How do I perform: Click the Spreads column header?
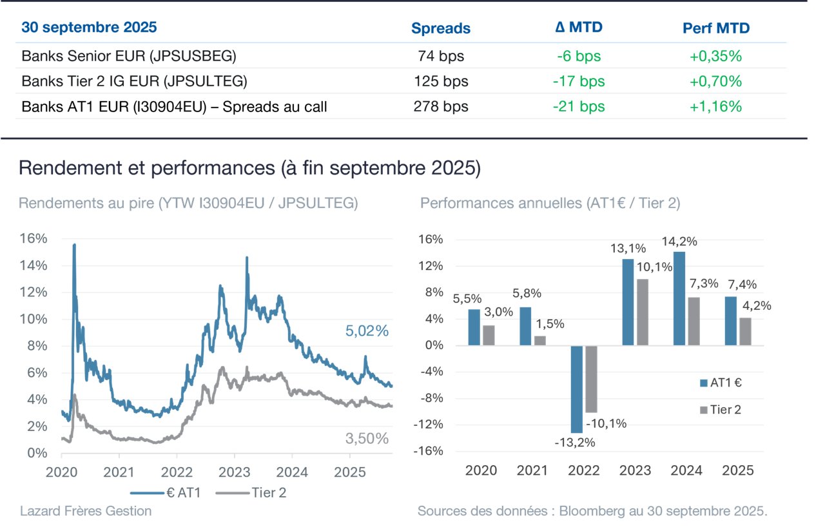click(440, 28)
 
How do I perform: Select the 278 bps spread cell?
click(441, 106)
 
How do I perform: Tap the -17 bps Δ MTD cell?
click(579, 81)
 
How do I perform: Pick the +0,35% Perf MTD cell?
click(715, 56)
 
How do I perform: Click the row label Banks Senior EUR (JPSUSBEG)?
click(129, 56)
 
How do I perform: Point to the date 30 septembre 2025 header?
click(89, 27)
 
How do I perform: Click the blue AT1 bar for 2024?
click(679, 298)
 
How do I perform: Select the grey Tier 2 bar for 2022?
click(591, 379)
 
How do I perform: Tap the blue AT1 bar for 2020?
click(474, 327)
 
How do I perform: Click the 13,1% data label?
click(628, 249)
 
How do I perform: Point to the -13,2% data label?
click(574, 443)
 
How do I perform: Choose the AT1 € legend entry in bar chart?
click(721, 383)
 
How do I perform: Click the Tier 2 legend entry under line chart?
click(251, 493)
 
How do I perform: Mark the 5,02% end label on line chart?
click(367, 331)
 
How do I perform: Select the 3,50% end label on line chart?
click(367, 439)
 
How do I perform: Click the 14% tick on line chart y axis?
click(34, 265)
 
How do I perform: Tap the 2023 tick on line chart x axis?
click(234, 472)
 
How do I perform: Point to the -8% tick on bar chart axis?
click(432, 398)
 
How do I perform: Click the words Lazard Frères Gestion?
click(86, 511)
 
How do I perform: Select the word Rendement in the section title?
click(70, 168)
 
